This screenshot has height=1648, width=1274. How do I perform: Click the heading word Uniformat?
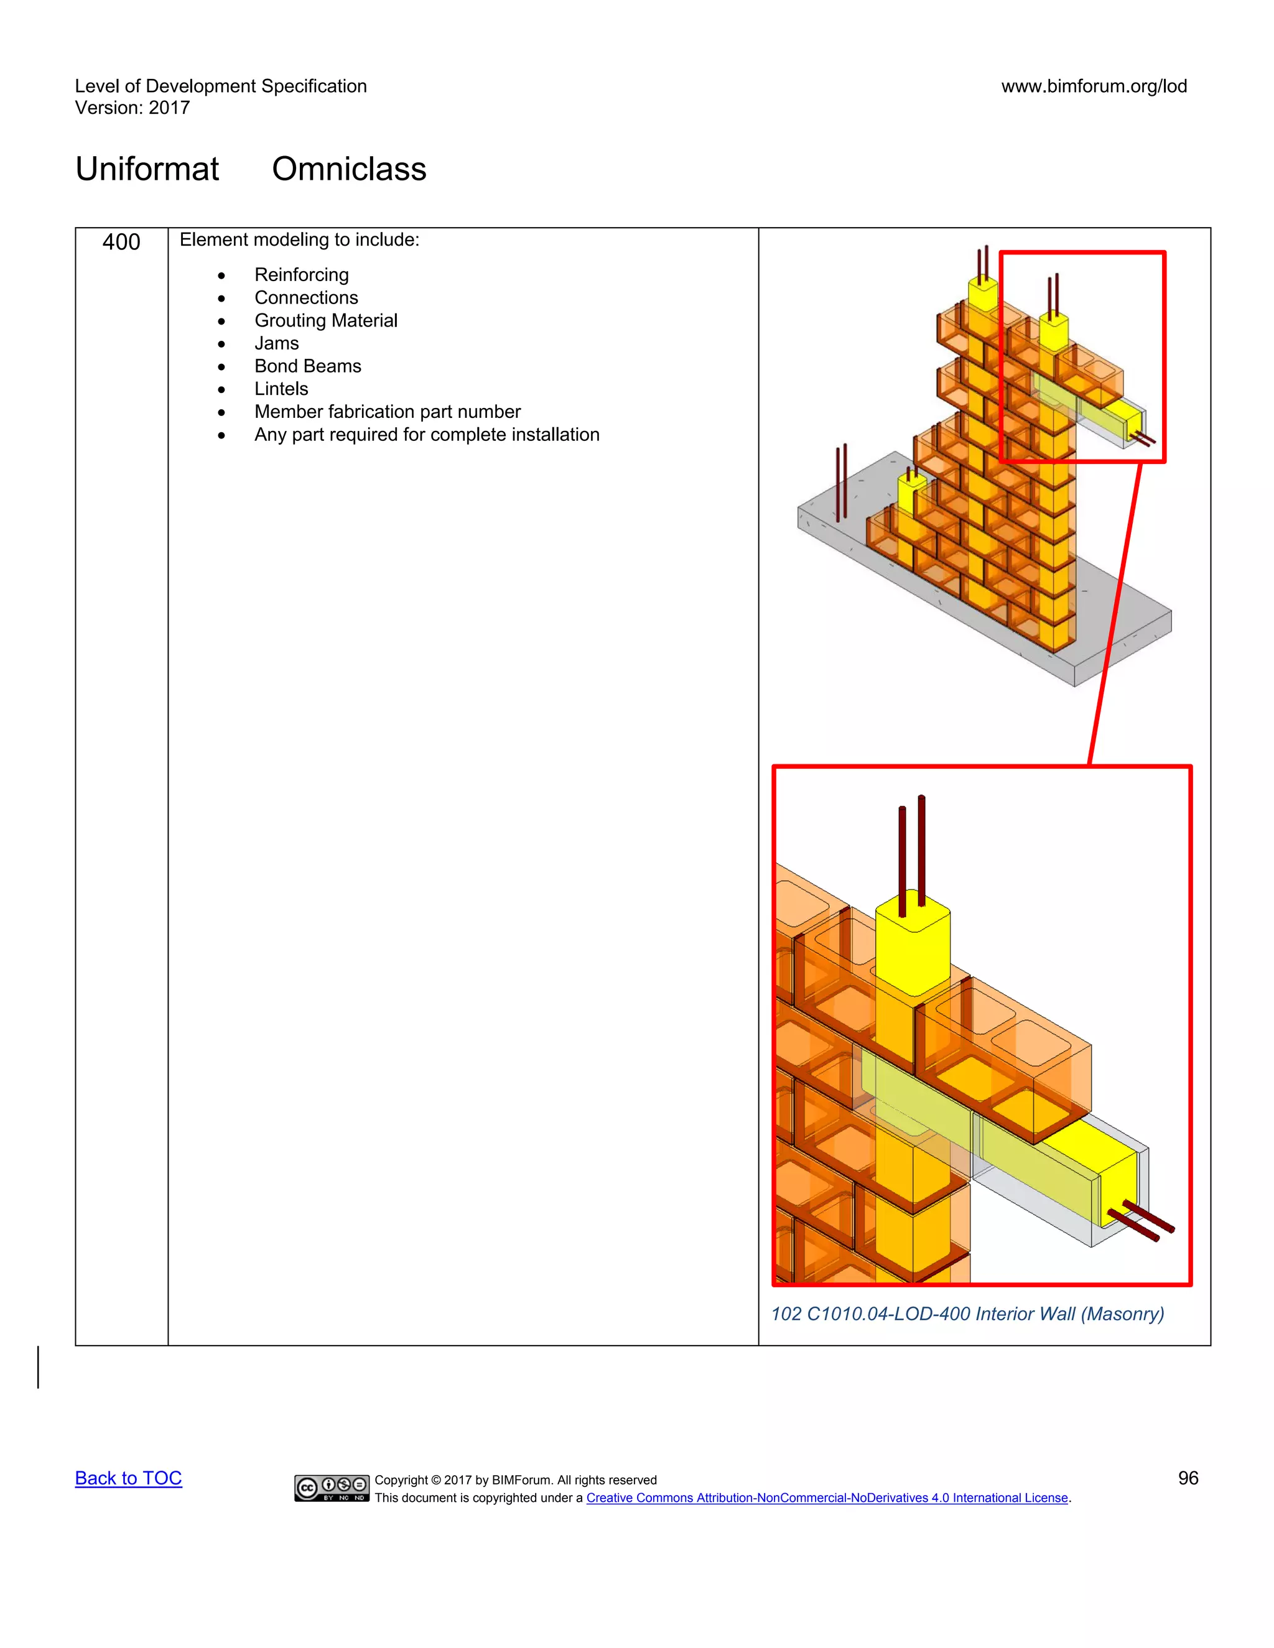(x=147, y=169)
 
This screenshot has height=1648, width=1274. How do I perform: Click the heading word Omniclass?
(x=349, y=169)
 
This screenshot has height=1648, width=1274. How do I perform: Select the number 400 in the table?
(x=121, y=242)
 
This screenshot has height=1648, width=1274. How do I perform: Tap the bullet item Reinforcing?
(x=301, y=275)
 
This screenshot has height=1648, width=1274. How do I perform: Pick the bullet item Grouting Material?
(x=325, y=321)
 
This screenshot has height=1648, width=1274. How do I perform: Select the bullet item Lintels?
(x=281, y=389)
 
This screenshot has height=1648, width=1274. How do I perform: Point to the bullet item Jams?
(x=276, y=343)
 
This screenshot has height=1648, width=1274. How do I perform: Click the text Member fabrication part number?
(x=387, y=412)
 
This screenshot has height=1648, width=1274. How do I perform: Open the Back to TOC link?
(x=128, y=1478)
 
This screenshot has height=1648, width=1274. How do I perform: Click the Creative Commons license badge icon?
(x=332, y=1488)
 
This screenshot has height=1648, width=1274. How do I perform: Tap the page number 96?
(x=1188, y=1478)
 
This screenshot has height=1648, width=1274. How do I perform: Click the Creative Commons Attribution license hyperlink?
(x=827, y=1498)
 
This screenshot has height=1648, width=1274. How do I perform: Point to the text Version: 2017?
(x=132, y=108)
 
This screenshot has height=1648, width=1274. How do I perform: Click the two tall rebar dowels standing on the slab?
(x=841, y=483)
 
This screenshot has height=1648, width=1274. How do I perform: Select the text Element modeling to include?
(x=299, y=240)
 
